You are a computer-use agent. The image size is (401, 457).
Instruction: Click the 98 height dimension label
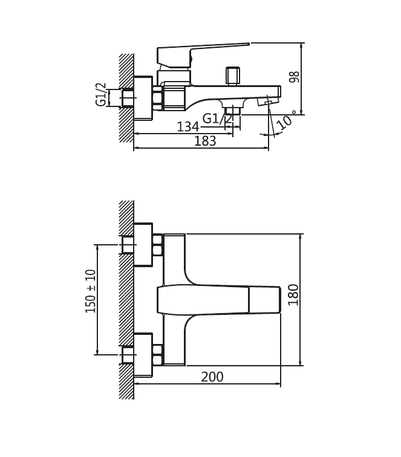[295, 77]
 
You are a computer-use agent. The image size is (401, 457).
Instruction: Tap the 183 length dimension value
[205, 141]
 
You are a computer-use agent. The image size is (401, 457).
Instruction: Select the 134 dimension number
[188, 127]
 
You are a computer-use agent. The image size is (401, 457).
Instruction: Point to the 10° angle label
[286, 120]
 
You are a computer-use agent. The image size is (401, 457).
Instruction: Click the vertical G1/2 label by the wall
[101, 94]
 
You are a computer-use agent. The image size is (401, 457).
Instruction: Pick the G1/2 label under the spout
[218, 119]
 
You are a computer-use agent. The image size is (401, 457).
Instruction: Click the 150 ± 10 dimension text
[90, 291]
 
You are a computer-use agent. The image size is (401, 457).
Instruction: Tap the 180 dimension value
[293, 294]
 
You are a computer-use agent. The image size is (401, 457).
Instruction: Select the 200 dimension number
[212, 377]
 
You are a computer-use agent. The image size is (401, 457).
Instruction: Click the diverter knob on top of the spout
[232, 76]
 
